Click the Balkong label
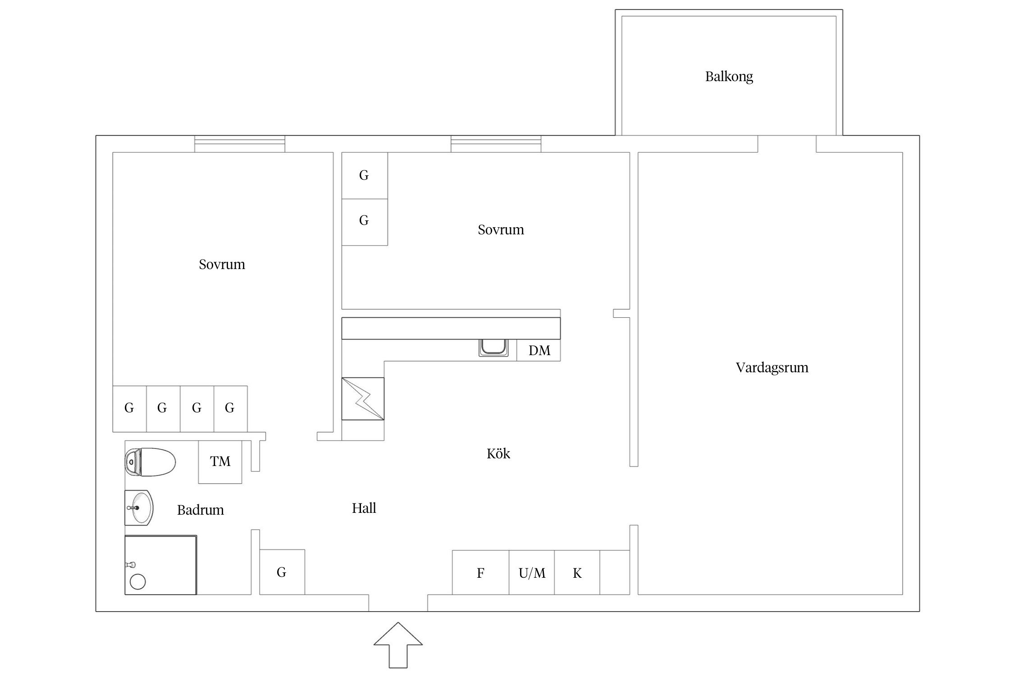pos(729,77)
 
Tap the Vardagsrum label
pos(772,368)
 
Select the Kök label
pos(498,453)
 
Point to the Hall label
pos(364,508)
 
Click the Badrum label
pos(200,510)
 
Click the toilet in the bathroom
pos(150,462)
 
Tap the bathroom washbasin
pos(139,508)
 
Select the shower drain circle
pos(137,581)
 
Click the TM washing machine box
pos(220,462)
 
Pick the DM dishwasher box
pos(539,350)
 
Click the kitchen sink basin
pos(493,347)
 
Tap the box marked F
pos(480,572)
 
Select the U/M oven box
pos(532,572)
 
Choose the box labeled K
pos(577,572)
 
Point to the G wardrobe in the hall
pos(282,572)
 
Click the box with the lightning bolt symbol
pos(363,399)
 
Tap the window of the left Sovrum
pos(240,144)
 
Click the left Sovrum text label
pos(222,265)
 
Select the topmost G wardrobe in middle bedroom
pos(365,176)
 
